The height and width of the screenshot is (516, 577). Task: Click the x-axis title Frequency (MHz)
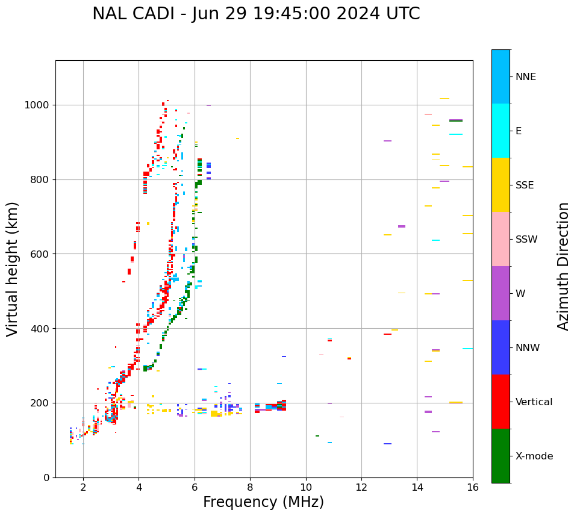[263, 502]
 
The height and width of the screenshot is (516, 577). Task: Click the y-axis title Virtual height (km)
[13, 269]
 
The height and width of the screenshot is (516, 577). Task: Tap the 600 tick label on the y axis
[42, 254]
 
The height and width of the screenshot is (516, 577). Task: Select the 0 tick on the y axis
[48, 477]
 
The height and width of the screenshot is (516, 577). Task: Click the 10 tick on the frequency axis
[306, 486]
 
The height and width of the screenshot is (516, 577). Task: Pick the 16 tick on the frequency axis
[473, 486]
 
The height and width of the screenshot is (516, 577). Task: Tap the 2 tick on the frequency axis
[83, 486]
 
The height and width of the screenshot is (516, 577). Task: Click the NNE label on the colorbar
[525, 77]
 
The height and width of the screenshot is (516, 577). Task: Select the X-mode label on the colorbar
[534, 456]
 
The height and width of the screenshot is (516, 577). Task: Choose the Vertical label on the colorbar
[534, 402]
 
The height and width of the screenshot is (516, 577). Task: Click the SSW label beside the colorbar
[526, 240]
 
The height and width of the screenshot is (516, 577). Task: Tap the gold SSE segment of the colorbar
[501, 185]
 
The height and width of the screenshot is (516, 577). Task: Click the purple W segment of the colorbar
[501, 293]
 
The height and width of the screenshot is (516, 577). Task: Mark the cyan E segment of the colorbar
[501, 131]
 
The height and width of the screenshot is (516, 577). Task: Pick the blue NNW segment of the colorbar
[501, 347]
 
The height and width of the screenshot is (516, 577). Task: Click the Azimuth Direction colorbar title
[564, 266]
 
